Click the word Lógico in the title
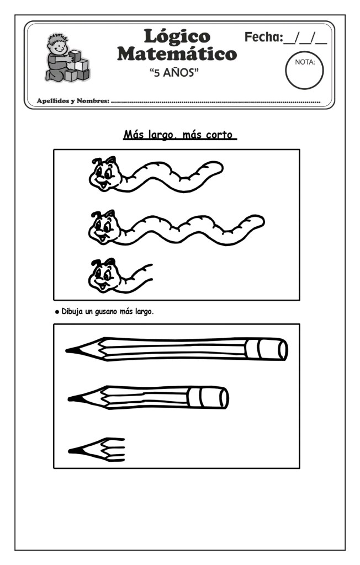177,36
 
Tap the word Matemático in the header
177,54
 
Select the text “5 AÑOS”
174,72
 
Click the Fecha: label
264,37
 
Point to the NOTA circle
304,71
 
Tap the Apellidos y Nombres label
73,101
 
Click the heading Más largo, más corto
180,135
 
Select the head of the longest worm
104,228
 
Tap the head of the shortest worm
104,275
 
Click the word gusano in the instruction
107,312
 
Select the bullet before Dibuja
57,312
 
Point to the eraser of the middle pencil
208,398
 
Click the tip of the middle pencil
70,398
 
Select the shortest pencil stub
97,450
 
